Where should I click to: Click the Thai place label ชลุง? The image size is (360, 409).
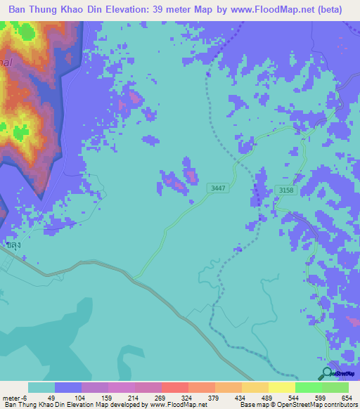coord(12,246)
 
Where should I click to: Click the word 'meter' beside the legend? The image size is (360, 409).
coord(11,398)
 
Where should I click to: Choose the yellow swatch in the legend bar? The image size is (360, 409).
coord(281,387)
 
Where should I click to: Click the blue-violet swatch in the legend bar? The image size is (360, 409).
coord(67,387)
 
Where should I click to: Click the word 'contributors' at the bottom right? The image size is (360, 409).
coord(338,405)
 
